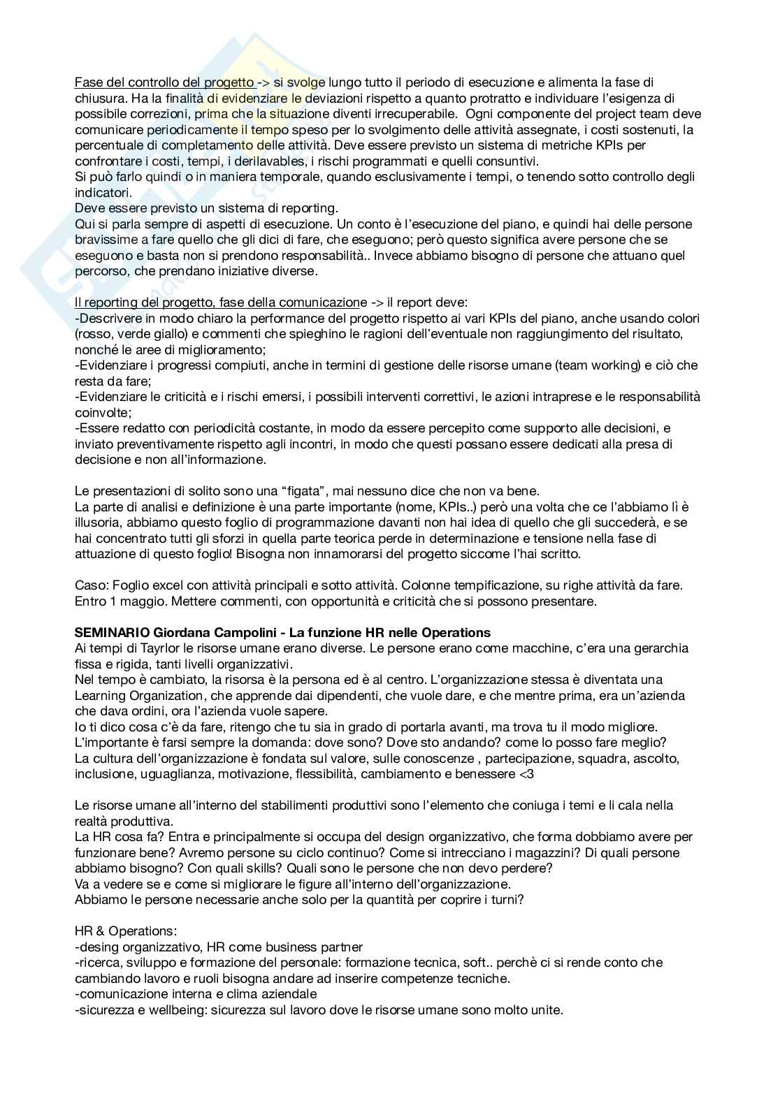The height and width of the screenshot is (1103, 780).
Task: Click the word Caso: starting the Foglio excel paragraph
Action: click(x=90, y=585)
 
